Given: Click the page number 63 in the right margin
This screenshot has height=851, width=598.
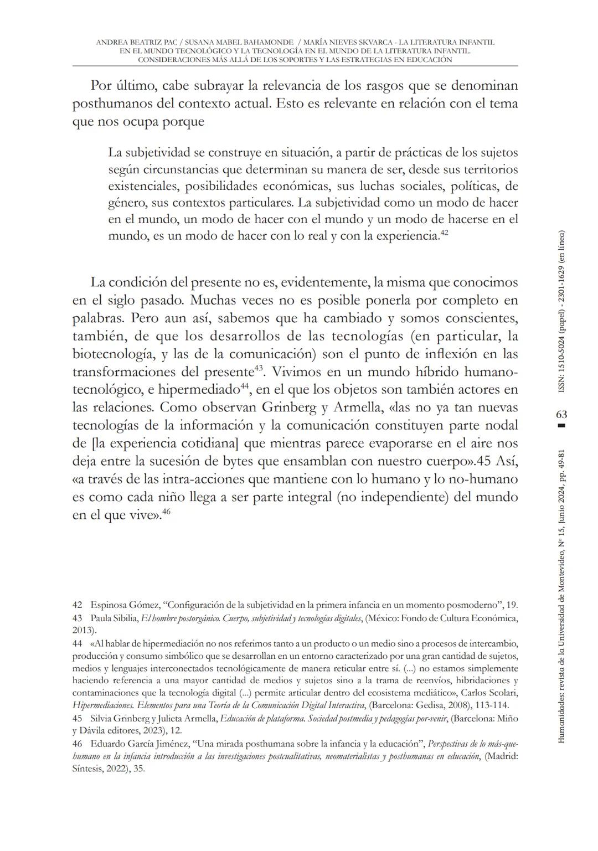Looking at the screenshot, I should (561, 414).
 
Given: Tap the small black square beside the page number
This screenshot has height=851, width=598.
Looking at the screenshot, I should (561, 426).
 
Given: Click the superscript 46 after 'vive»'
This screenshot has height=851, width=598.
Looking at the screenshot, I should (166, 512).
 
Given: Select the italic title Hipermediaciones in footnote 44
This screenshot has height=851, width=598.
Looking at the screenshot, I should (103, 705).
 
